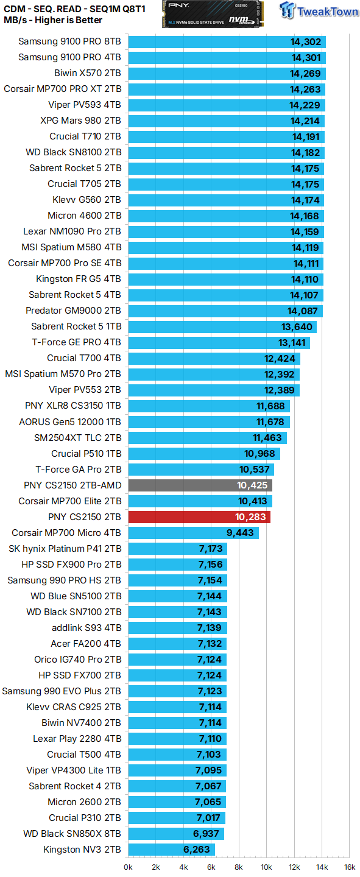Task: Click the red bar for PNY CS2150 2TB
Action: [x=199, y=517]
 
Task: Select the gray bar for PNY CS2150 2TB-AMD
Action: [x=200, y=485]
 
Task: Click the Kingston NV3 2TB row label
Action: [x=82, y=850]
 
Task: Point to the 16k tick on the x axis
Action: [x=350, y=867]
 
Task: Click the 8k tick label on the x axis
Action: [x=239, y=867]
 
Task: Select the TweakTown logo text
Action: [x=327, y=12]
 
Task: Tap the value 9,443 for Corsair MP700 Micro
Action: [x=241, y=533]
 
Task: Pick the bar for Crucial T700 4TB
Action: [x=214, y=358]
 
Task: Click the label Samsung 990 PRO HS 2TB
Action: [x=64, y=580]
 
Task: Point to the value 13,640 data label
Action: [x=298, y=327]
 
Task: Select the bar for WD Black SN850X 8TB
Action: [x=176, y=834]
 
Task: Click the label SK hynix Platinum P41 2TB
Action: [x=65, y=549]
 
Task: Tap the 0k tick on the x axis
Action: [x=129, y=867]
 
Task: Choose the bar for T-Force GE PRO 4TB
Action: [x=219, y=342]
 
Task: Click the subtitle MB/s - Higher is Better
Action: [x=53, y=20]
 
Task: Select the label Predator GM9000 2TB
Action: [x=73, y=311]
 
